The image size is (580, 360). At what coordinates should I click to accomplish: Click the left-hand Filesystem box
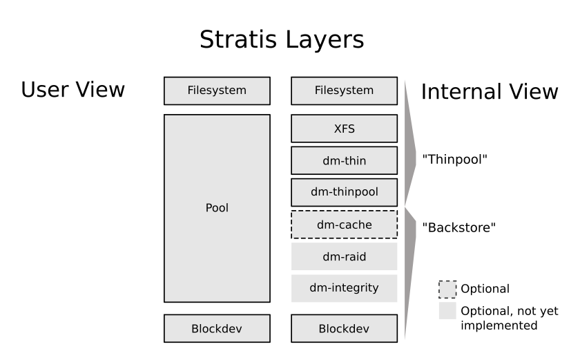coord(217,91)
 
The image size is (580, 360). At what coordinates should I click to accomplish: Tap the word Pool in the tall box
coord(217,208)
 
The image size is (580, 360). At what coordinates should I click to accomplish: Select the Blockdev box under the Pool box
coord(217,328)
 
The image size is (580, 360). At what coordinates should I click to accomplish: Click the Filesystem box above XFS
coord(344,91)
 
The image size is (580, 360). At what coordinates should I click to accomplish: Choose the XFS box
coord(344,129)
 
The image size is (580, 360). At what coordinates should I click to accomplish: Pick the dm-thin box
coord(344,160)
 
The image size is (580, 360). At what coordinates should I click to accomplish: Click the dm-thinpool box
coord(344,192)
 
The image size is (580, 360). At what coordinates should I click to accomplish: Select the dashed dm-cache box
coord(344,225)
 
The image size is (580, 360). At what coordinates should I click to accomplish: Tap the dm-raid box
coord(344,256)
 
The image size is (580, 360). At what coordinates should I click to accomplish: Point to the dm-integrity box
coord(344,288)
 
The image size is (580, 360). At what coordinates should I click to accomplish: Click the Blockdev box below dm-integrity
coord(344,328)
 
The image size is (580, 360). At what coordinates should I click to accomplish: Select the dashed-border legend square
coord(447,289)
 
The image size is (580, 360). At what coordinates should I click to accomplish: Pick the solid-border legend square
coord(447,310)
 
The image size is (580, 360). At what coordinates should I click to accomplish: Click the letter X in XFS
coord(338,129)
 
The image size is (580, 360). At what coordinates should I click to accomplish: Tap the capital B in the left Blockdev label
coord(195,329)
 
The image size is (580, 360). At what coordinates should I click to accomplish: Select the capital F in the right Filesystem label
coord(318,91)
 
